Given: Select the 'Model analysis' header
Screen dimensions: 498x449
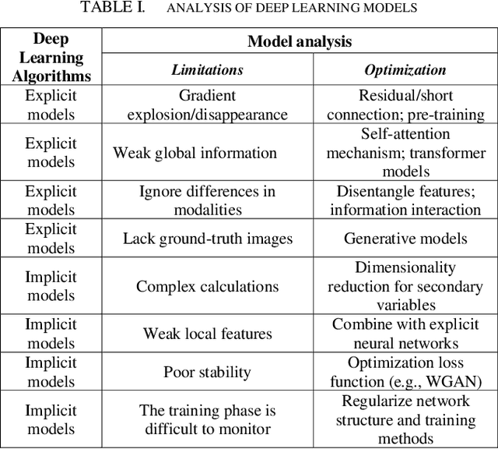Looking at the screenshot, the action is coord(300,41).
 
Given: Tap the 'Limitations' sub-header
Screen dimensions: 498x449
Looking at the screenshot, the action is coord(207,70).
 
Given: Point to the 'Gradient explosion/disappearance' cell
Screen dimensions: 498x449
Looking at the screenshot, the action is coord(207,105).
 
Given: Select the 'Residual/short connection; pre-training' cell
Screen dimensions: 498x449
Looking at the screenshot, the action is coord(405,105).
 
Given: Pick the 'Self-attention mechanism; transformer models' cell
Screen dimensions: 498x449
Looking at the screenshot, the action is coord(405,153).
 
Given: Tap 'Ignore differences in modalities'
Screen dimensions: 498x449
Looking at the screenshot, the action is coord(207,200).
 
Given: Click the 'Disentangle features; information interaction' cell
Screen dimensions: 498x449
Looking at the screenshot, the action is coord(405,200).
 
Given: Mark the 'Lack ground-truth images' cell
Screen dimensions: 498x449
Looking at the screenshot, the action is coord(207,239).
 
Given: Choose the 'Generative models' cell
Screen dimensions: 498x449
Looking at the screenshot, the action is coord(405,239).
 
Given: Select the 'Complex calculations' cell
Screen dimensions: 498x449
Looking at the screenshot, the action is coord(207,286).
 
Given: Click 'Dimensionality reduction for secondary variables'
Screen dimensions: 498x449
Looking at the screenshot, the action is coord(405,286).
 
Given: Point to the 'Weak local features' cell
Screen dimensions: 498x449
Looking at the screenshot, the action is coord(207,334).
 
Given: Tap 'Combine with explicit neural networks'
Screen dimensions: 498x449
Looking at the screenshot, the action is coord(405,334).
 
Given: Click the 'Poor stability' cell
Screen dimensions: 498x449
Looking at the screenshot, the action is coord(207,372).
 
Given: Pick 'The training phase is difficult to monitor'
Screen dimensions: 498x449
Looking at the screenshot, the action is coord(207,419).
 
